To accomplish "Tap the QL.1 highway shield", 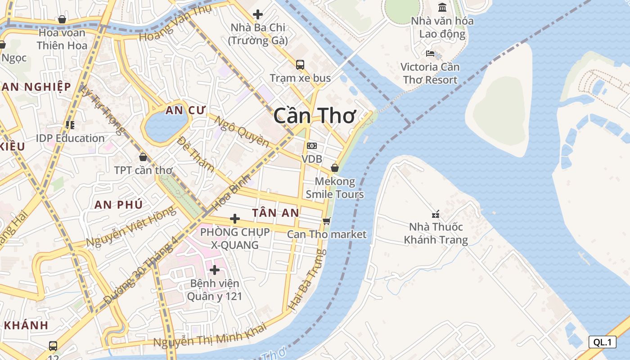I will click(x=602, y=342).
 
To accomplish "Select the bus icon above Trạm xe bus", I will click(x=300, y=64).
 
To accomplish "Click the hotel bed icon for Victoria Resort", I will click(x=430, y=54).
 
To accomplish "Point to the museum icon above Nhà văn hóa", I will click(x=442, y=8).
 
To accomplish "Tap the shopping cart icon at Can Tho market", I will click(x=327, y=221).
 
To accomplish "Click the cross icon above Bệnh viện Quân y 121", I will click(x=215, y=270).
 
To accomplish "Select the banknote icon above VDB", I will click(x=311, y=146).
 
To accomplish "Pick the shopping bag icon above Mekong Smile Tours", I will click(x=334, y=168).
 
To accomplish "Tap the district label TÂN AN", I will click(x=275, y=213).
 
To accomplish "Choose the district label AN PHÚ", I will click(x=118, y=204).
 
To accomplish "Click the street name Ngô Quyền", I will click(x=241, y=131).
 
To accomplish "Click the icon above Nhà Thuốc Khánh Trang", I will click(x=436, y=214).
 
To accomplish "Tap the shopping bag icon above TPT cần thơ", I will click(x=143, y=157).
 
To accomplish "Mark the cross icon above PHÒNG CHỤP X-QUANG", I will click(x=235, y=219).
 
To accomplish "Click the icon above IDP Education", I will click(x=70, y=125).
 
